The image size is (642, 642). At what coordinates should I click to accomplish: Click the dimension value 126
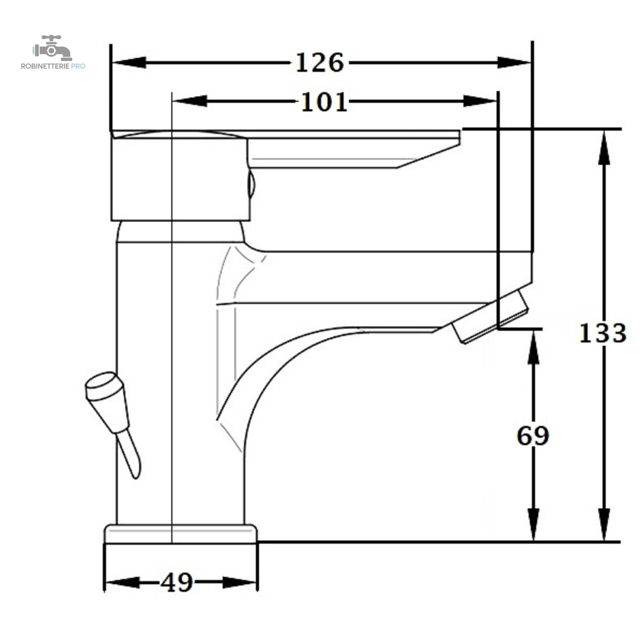[x=320, y=63]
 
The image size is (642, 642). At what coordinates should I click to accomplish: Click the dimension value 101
[x=324, y=102]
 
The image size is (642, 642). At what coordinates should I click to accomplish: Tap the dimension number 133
[x=603, y=333]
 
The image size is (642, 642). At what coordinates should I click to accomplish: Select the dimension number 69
[x=533, y=436]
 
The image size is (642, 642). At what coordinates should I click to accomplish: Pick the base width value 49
[x=177, y=583]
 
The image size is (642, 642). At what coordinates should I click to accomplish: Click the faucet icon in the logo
[x=53, y=48]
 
